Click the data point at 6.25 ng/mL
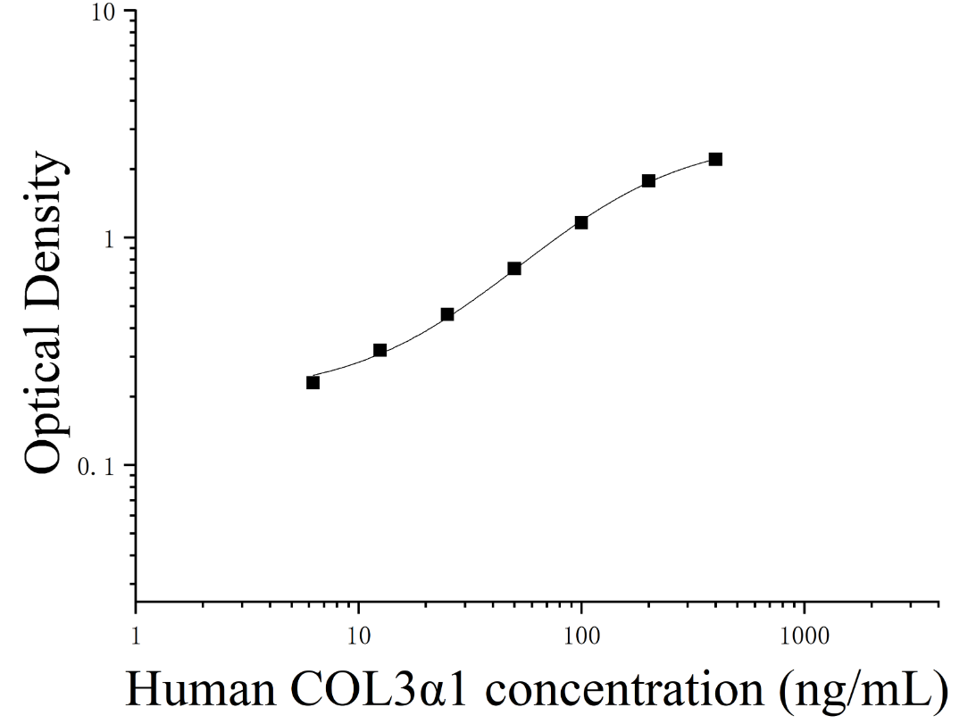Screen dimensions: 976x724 313,382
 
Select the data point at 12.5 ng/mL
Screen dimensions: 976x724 380,351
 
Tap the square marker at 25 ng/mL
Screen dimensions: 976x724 446,314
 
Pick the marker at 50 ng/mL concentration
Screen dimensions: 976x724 514,269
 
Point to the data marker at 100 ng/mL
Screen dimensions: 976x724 581,222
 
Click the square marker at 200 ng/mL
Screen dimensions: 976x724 648,180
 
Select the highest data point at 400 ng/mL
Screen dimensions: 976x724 716,160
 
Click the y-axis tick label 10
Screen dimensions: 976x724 105,12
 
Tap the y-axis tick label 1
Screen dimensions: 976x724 110,238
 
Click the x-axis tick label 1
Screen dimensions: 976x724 136,637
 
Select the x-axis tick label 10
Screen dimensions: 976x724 359,637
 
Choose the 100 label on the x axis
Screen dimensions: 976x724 581,637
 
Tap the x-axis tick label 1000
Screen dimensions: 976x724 805,637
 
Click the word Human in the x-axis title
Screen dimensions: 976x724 200,690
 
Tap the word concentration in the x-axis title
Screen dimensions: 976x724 624,690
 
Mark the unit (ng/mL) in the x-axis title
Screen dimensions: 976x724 864,692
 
